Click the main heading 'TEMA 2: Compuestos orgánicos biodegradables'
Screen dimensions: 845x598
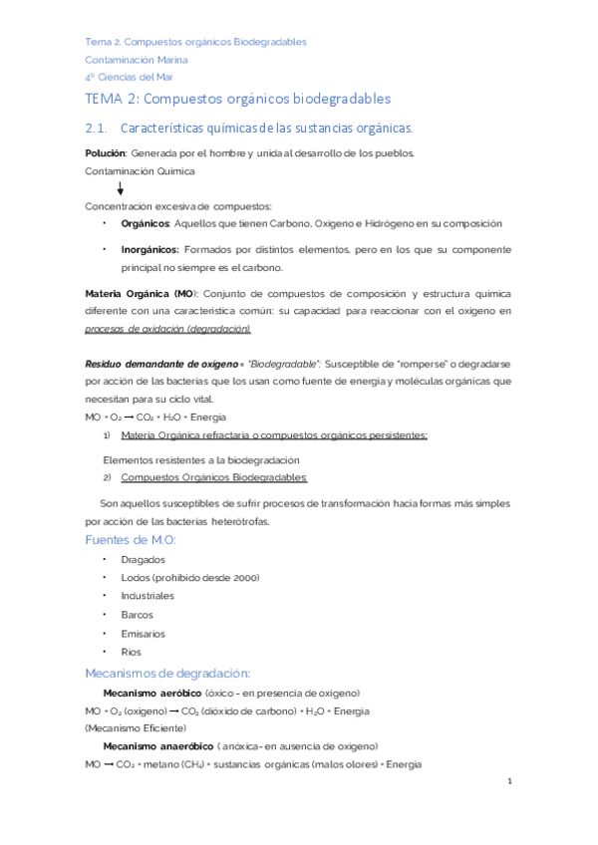(x=238, y=99)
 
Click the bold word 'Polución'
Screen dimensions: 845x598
(x=106, y=152)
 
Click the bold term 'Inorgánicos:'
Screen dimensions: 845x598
(x=150, y=249)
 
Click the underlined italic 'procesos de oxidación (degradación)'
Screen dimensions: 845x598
(x=168, y=329)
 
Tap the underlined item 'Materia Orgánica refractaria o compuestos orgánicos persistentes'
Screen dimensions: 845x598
(x=273, y=435)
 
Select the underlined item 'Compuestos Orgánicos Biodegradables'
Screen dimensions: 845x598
(x=214, y=477)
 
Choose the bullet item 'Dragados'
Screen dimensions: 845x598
(x=143, y=559)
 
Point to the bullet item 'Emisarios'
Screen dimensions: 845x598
(x=144, y=633)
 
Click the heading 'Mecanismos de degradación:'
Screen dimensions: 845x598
(x=167, y=672)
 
